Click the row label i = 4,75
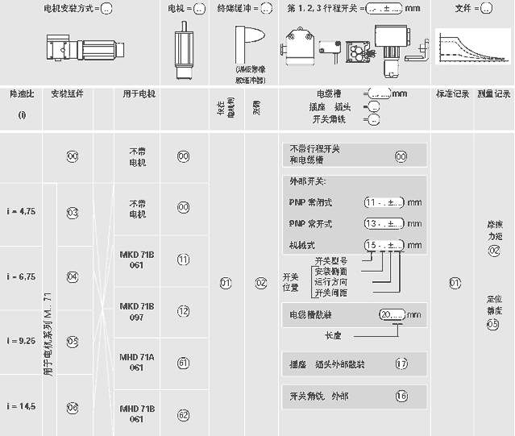pos(21,211)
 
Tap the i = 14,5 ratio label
pos(21,406)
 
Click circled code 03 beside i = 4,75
pos(73,213)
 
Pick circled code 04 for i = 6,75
pos(73,276)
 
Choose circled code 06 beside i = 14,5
pos(73,407)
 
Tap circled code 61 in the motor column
pos(183,363)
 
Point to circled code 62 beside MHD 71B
pos(183,415)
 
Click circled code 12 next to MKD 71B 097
pos(183,310)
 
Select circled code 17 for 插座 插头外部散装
pos(401,363)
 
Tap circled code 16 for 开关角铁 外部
pos(401,395)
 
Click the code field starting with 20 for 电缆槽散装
pos(391,314)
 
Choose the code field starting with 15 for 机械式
pos(384,244)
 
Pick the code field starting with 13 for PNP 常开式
pos(384,223)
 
